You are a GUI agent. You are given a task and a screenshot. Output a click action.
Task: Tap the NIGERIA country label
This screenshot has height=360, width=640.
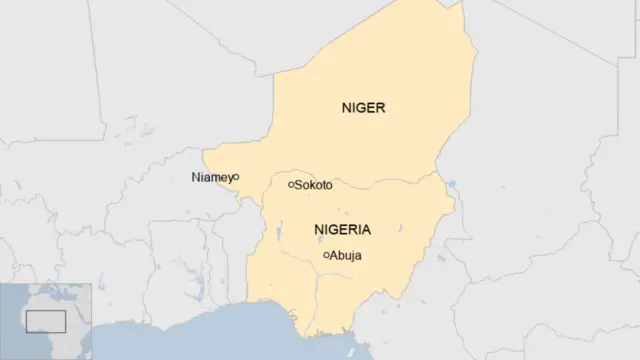[x=342, y=229]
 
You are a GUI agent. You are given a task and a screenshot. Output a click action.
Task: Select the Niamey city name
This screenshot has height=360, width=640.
[x=210, y=177]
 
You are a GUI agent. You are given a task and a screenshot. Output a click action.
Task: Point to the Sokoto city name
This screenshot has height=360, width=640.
[x=314, y=185]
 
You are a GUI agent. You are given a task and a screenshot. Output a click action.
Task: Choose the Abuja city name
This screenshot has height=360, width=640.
[x=346, y=256]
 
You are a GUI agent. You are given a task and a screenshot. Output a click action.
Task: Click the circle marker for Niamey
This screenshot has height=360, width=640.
[x=236, y=177]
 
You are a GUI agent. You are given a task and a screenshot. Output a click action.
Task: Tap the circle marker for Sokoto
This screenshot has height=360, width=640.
[x=291, y=184]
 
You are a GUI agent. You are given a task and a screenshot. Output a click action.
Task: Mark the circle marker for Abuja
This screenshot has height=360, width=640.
[x=327, y=255]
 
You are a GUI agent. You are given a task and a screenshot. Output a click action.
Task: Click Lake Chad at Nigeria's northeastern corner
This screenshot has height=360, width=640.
[x=452, y=186]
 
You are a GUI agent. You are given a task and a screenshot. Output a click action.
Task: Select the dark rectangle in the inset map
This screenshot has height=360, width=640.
[x=45, y=321]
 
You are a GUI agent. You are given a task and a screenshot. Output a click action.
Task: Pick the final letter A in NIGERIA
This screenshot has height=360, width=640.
[x=365, y=229]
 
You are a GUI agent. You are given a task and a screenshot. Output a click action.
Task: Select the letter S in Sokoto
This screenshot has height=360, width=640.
[x=299, y=185]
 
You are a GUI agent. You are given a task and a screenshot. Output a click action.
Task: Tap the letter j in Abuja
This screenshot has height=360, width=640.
[x=352, y=257]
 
